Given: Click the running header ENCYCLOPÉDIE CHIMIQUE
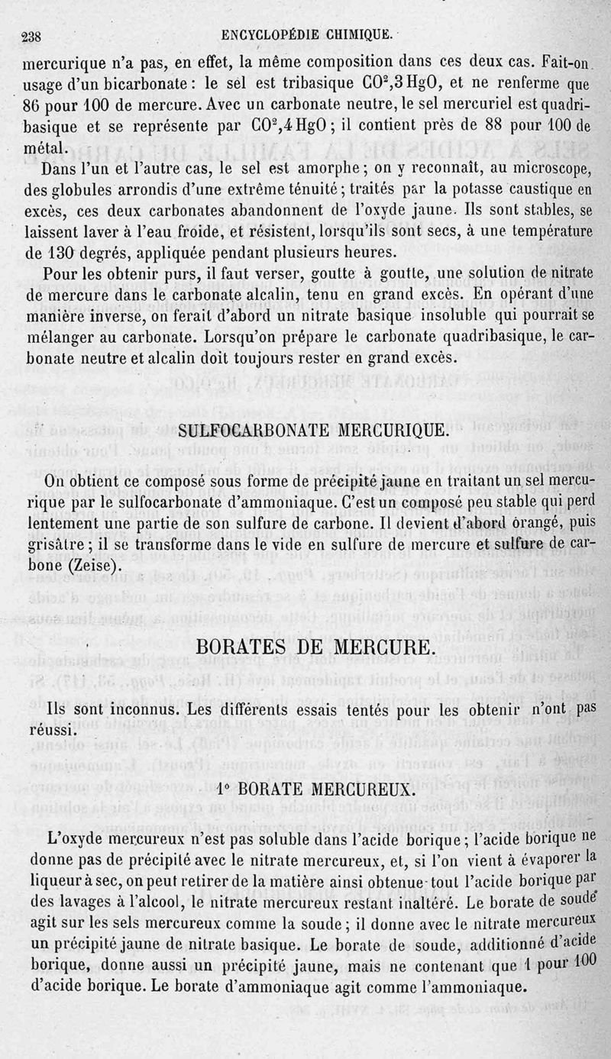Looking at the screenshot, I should click(308, 34).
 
